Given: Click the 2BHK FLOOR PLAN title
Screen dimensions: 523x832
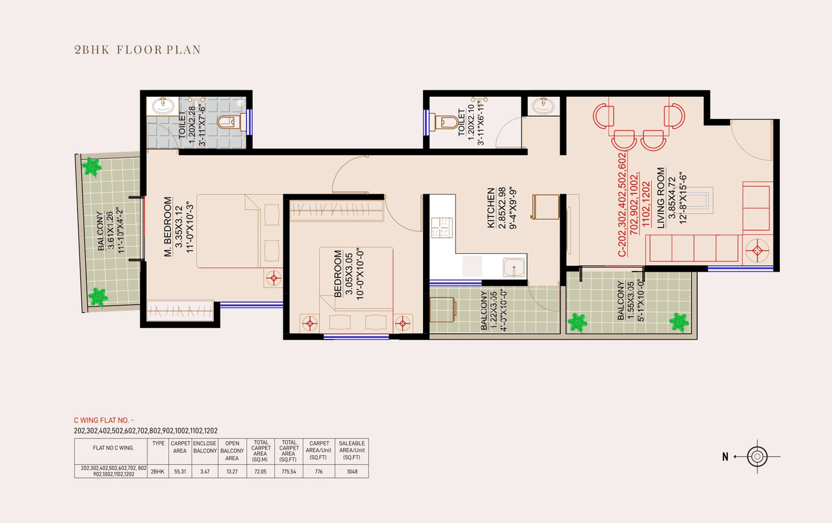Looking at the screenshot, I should pos(138,49).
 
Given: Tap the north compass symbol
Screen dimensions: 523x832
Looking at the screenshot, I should pos(757,457).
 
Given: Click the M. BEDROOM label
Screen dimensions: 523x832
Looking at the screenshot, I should pos(168,227).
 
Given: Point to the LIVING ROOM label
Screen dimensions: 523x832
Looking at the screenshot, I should pos(661,198).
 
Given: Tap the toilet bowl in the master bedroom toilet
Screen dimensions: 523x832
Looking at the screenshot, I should pos(229,121).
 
